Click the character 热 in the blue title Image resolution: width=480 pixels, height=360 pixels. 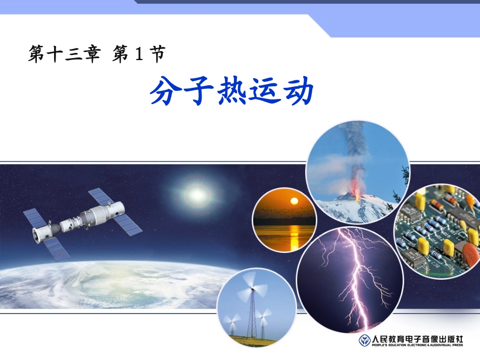231,92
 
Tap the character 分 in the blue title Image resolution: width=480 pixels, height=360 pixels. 165,92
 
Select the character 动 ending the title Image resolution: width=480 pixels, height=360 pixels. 299,92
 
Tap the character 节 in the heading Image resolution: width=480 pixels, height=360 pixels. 157,55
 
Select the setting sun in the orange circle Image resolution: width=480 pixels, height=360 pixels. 293,201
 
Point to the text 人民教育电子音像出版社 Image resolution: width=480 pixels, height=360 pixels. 417,339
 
